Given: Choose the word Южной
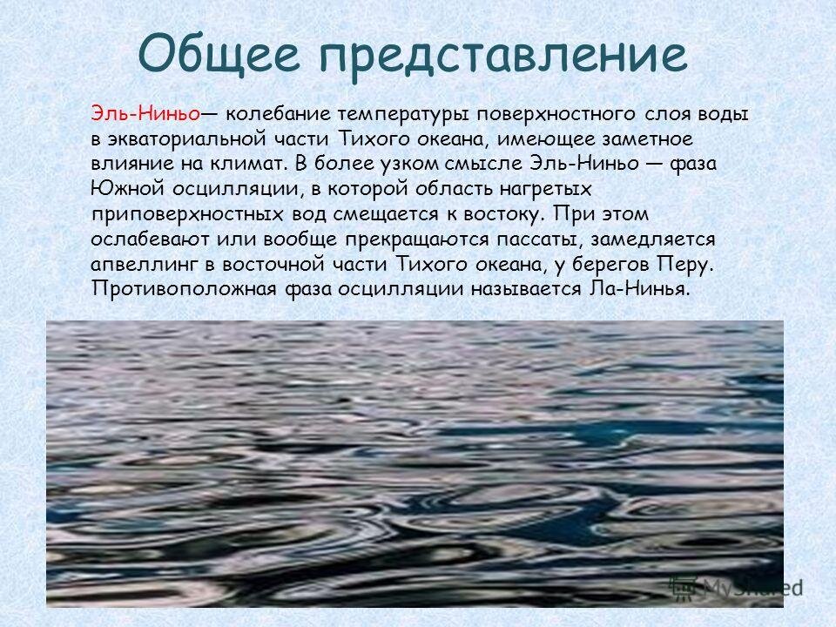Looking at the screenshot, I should (x=118, y=188).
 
